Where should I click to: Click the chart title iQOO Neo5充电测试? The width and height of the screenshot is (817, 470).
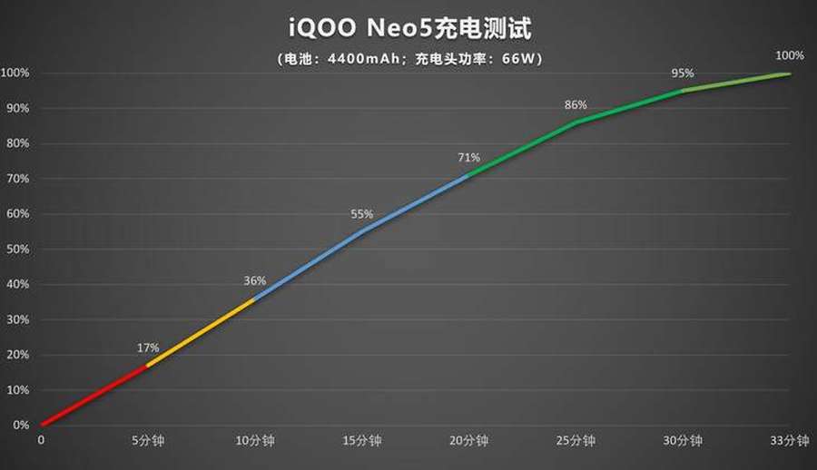[x=408, y=28]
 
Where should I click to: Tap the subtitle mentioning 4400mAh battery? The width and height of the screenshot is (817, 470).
[x=408, y=58]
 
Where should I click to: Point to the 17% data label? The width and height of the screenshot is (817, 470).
[x=148, y=348]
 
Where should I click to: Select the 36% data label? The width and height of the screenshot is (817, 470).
[x=255, y=280]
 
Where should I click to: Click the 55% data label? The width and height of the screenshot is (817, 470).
[x=362, y=214]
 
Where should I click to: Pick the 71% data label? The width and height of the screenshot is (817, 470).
[x=468, y=157]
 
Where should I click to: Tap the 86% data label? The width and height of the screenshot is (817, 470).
[x=576, y=104]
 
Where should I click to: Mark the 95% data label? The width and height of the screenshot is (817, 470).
[x=683, y=73]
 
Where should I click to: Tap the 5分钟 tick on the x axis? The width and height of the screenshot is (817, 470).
[x=148, y=441]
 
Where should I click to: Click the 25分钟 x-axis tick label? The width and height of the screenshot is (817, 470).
[x=576, y=441]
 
